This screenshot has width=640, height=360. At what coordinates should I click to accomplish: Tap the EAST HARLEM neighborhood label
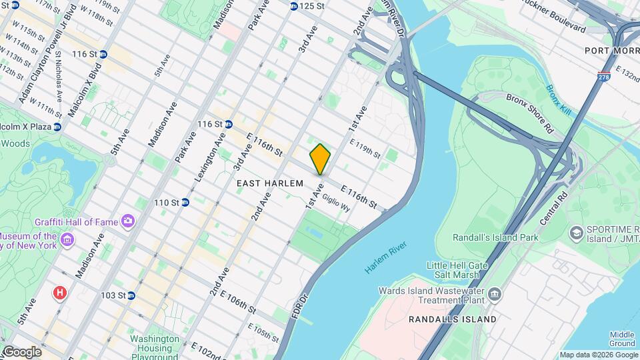point(270,183)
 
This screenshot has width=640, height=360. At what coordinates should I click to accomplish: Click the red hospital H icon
point(60,293)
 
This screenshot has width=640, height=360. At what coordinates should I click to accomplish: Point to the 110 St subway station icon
point(185,202)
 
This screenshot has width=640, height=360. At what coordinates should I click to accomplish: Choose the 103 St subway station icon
point(131,295)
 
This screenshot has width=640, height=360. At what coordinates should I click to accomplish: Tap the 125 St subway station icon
point(293,6)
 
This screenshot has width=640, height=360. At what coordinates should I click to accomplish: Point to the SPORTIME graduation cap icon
point(575,233)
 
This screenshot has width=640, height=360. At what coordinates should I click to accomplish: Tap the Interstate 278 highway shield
point(604,77)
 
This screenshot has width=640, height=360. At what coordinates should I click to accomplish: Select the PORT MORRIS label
point(611,51)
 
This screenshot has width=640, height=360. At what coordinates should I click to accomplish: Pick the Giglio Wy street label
point(336,202)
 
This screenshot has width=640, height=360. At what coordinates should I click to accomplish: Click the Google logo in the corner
point(21,351)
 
